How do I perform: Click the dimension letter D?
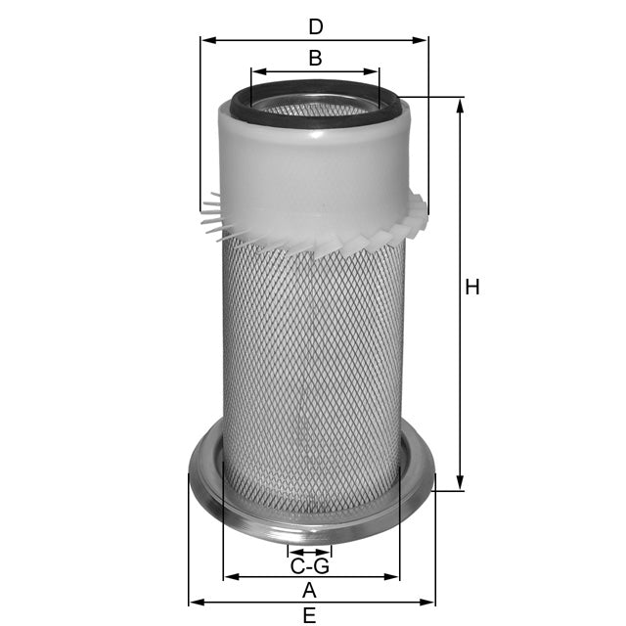[x=315, y=23]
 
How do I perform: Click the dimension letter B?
[x=315, y=58]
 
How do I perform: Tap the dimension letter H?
[x=472, y=288]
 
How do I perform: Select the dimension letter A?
[x=310, y=590]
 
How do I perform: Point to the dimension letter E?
[x=310, y=615]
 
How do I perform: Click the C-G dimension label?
[x=310, y=566]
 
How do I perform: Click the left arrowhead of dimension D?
[x=205, y=40]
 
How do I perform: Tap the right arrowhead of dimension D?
[x=423, y=40]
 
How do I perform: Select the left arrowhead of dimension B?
[x=256, y=71]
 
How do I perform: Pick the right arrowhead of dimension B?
[x=373, y=71]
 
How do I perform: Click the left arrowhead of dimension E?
[x=194, y=603]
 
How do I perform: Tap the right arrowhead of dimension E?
[x=426, y=603]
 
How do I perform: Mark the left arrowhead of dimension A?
[x=228, y=577]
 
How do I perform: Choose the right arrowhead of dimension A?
[x=393, y=577]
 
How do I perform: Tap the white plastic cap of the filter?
[x=313, y=166]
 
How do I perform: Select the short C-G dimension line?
[x=310, y=553]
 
